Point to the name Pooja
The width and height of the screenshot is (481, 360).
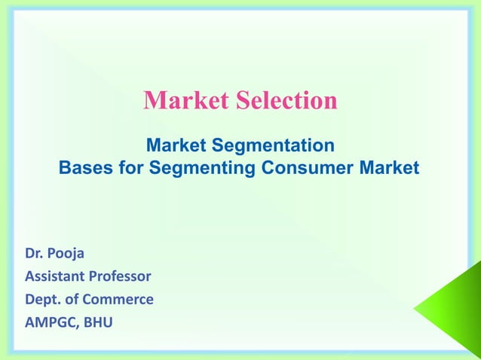(67, 253)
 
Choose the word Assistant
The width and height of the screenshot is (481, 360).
(57, 276)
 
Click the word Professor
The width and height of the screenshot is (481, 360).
(123, 276)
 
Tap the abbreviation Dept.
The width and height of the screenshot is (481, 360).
(44, 300)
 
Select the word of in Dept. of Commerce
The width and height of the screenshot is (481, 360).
(75, 299)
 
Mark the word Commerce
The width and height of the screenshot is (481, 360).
(121, 299)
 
